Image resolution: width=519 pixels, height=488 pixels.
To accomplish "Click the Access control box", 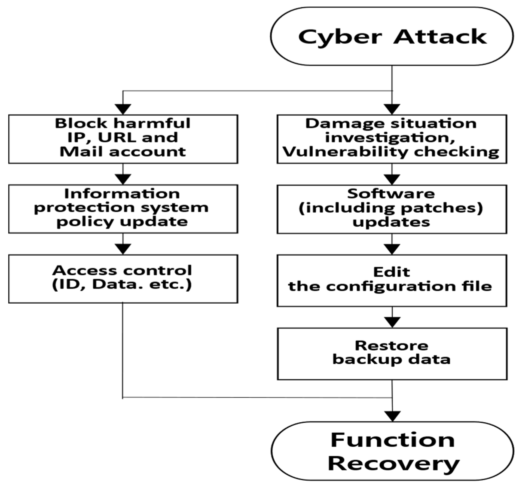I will tap(123, 279).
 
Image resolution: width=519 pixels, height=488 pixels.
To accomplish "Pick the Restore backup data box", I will tap(392, 353).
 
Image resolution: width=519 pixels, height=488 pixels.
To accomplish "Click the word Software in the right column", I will tap(391, 194).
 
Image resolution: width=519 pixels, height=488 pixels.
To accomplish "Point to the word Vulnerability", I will tap(344, 152).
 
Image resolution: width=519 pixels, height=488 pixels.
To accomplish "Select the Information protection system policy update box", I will tap(123, 209).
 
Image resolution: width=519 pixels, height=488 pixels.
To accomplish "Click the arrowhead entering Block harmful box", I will tap(123, 109).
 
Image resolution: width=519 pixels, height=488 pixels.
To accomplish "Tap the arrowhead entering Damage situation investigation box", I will tap(392, 109).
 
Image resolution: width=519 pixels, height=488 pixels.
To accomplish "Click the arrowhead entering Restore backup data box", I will tap(392, 322).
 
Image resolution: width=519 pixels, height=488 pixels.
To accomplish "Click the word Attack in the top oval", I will tap(440, 37).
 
